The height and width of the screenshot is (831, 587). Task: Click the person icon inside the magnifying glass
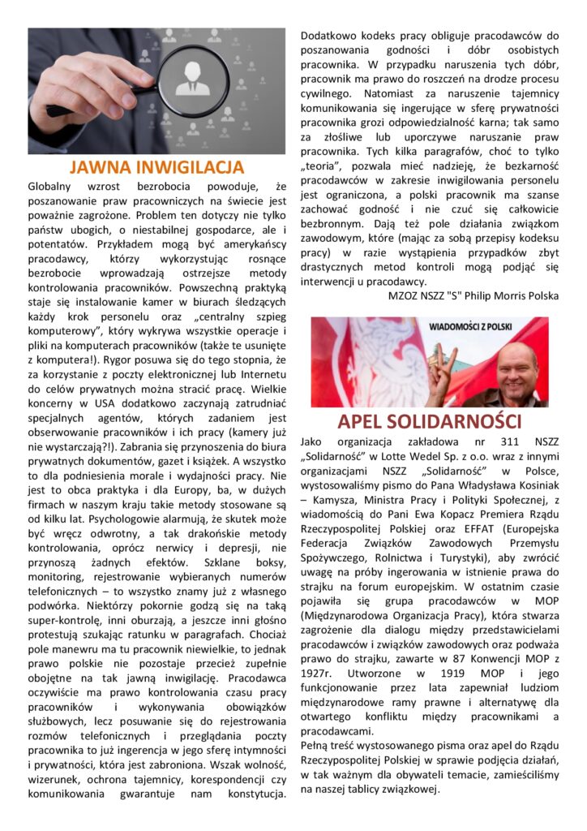coord(192,81)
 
